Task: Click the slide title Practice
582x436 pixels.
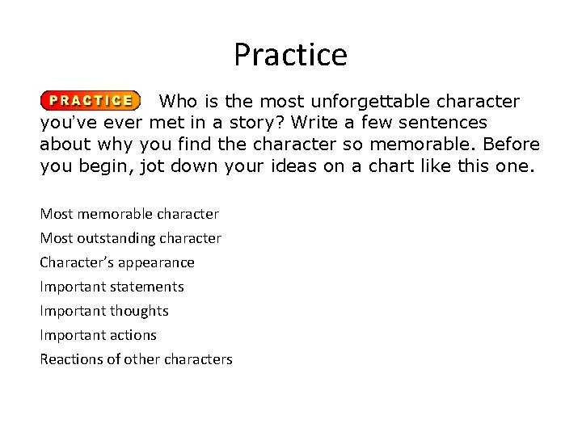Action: pyautogui.click(x=290, y=55)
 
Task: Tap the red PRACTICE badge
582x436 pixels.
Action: pyautogui.click(x=90, y=101)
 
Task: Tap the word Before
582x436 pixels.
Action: pyautogui.click(x=512, y=145)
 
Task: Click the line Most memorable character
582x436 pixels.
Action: pyautogui.click(x=129, y=214)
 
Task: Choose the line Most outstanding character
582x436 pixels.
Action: pyautogui.click(x=130, y=238)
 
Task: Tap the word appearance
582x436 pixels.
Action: pyautogui.click(x=157, y=262)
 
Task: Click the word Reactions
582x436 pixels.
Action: pyautogui.click(x=71, y=359)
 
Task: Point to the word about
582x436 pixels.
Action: pyautogui.click(x=63, y=145)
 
